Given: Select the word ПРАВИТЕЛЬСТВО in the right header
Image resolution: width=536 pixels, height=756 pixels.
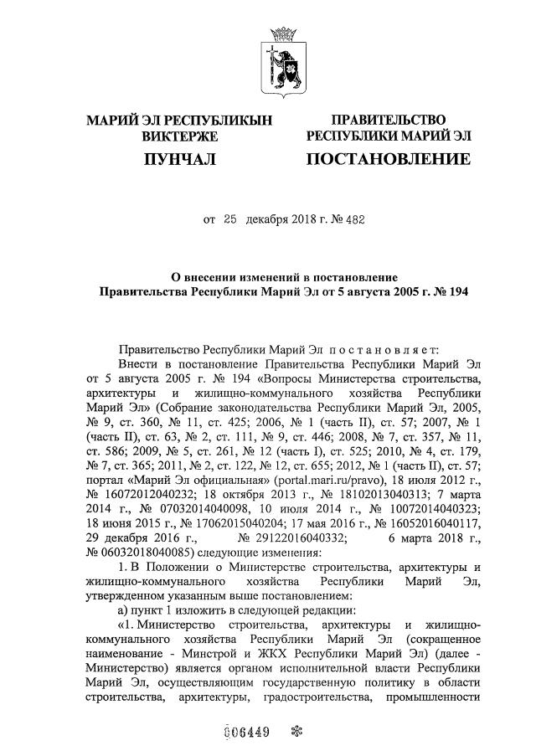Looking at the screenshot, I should click(x=389, y=121).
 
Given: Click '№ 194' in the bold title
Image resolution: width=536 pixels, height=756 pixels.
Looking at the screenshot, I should click(x=450, y=292).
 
